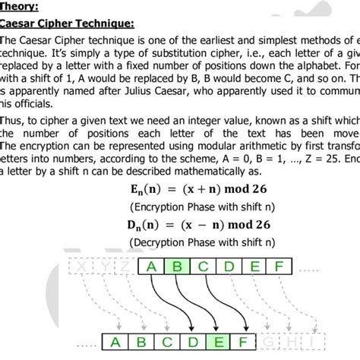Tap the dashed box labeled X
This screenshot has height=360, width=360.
click(x=83, y=267)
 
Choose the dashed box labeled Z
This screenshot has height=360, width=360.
click(x=123, y=267)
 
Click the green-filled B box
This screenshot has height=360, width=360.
click(x=178, y=267)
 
